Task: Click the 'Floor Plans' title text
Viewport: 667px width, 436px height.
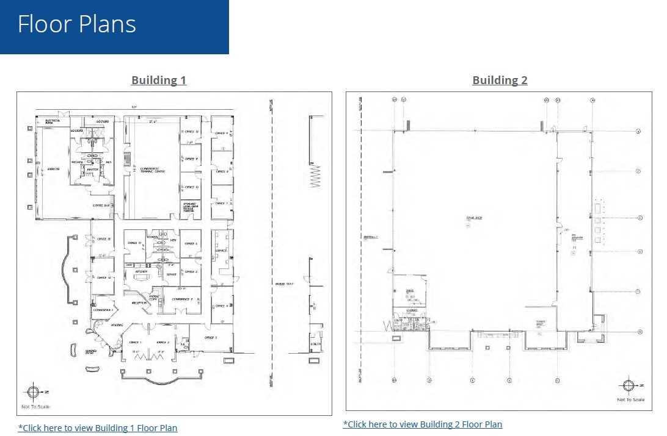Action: [77, 24]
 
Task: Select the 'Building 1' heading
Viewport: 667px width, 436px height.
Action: [158, 80]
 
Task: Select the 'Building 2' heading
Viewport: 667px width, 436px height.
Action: [500, 80]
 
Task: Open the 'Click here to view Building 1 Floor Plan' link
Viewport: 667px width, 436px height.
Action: [98, 428]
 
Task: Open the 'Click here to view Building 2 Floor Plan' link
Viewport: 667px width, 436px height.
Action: [423, 424]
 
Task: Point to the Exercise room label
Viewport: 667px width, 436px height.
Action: [53, 169]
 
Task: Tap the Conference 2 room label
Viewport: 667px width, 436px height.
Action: [182, 299]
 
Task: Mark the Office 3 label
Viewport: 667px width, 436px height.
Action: [211, 337]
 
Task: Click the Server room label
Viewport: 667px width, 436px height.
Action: [172, 274]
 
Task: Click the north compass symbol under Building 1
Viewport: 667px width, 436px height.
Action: [33, 392]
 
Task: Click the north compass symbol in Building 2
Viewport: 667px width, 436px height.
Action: [629, 386]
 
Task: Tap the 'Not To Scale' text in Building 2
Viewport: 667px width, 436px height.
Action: [630, 399]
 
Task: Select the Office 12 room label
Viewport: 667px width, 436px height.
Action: [191, 132]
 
